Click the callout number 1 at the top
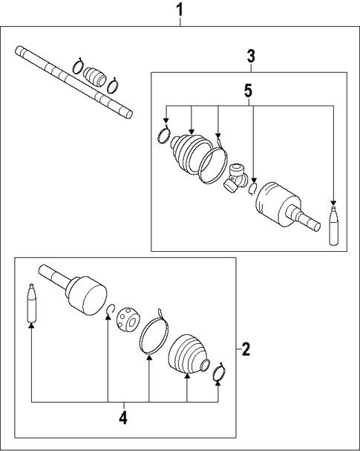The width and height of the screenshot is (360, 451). click(x=180, y=10)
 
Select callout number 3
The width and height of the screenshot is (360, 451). click(x=251, y=56)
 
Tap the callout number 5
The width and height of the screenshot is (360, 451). click(x=249, y=91)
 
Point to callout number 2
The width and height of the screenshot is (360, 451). click(x=246, y=349)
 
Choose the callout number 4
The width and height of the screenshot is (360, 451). click(x=123, y=418)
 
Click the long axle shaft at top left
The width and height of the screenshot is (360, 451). click(x=73, y=82)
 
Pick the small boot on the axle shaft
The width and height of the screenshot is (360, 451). click(x=95, y=77)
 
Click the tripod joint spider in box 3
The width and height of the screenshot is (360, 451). click(x=235, y=178)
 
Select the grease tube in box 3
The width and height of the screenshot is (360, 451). click(x=333, y=226)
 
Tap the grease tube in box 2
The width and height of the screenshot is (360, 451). click(x=32, y=303)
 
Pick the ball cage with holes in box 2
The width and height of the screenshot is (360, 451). click(x=128, y=319)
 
